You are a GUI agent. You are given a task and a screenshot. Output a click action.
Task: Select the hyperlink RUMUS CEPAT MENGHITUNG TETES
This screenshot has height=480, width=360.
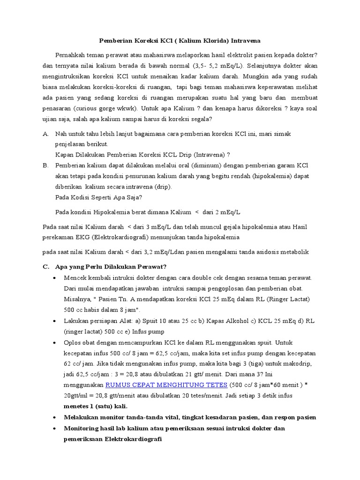point(166,385)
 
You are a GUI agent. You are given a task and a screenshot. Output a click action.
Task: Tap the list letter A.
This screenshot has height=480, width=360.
point(45,134)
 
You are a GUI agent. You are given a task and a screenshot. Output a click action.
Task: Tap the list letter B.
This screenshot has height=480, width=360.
point(45,166)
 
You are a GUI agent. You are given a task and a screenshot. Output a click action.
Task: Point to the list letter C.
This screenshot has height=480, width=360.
point(45,267)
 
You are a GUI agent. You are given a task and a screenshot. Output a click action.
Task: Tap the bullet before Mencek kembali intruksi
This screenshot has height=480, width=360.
point(56,277)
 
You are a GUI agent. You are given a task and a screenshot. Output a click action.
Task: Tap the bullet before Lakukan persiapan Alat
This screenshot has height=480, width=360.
point(56,321)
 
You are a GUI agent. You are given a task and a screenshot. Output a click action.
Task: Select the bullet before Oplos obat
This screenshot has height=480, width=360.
point(56,342)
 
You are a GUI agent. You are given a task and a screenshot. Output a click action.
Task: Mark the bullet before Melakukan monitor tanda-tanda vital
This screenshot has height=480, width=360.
point(56,417)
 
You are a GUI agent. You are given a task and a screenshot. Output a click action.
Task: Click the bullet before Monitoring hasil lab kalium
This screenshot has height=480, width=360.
point(56,428)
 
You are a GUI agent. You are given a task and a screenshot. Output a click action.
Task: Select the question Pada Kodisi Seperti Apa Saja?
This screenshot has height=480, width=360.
point(98,197)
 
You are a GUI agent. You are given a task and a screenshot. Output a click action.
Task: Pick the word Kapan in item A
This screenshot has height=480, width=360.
point(64,155)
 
